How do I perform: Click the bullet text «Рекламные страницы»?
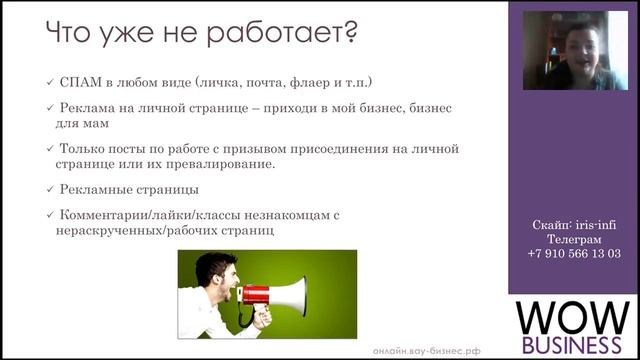pos(129,189)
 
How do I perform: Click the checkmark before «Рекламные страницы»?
pos(50,189)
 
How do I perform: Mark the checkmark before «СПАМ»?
pos(50,81)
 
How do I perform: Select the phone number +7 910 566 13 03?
pos(573,254)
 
